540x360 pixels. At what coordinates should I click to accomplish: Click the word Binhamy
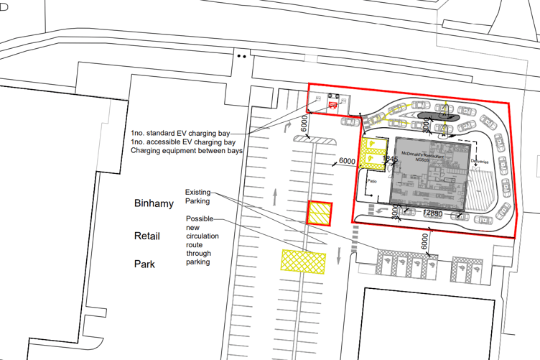(x=154, y=204)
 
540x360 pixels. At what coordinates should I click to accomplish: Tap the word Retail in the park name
(x=146, y=235)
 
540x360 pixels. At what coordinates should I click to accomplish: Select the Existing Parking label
(x=197, y=196)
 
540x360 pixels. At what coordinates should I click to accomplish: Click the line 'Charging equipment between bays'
(x=187, y=151)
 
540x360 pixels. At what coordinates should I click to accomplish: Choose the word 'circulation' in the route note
(x=202, y=236)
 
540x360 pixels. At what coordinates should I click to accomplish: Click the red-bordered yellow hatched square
(x=320, y=213)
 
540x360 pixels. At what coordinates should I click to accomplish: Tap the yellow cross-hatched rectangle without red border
(x=304, y=262)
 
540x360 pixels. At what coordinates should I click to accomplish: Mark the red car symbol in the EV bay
(x=332, y=106)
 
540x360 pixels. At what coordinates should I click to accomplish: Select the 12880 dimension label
(x=432, y=213)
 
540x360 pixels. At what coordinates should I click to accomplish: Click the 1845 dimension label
(x=390, y=159)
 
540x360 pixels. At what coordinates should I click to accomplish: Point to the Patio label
(x=371, y=181)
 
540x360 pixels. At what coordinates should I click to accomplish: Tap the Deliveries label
(x=480, y=162)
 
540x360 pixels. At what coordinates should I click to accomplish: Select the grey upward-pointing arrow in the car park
(x=276, y=194)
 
